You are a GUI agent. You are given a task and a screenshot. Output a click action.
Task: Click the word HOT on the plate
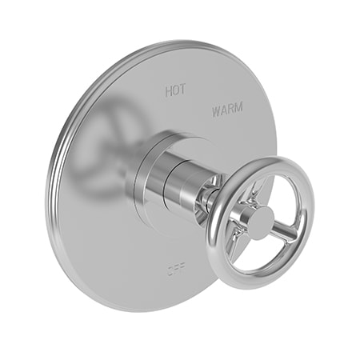pos(175,91)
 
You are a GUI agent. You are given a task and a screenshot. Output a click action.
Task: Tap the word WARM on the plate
pos(227,110)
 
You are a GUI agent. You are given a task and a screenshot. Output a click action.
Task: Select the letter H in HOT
pos(168,91)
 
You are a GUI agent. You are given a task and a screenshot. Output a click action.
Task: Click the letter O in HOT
pos(175,91)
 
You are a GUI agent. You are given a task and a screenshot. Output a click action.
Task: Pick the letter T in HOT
pos(182,91)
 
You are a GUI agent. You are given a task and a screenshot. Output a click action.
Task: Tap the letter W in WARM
pos(216,110)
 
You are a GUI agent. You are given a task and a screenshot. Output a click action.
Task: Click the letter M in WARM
pos(239,110)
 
